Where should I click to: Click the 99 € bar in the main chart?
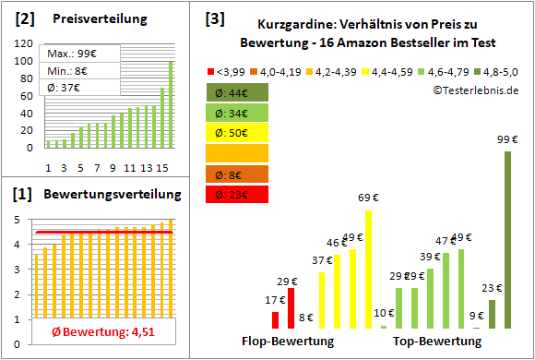(x=507, y=240)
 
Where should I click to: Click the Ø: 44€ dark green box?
(x=237, y=92)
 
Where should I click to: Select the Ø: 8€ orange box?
(x=237, y=174)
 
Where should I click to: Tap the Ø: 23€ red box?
(x=237, y=194)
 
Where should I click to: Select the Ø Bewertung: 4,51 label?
(x=95, y=332)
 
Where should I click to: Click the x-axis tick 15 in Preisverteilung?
(x=162, y=167)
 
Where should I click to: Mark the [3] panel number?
(x=214, y=18)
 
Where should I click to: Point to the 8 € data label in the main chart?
(x=307, y=318)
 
